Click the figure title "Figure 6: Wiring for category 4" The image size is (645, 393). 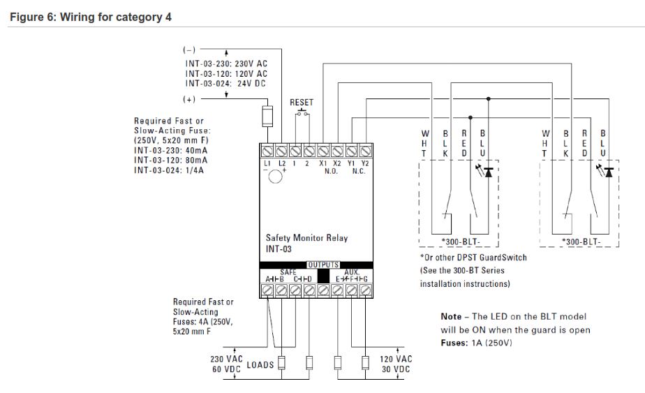pyautogui.click(x=90, y=17)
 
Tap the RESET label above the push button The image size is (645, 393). pyautogui.click(x=302, y=103)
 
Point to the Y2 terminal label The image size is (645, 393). pyautogui.click(x=364, y=163)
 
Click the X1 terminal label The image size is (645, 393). pyautogui.click(x=323, y=163)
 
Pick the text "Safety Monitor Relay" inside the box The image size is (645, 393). pyautogui.click(x=306, y=238)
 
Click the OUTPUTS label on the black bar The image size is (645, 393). pyautogui.click(x=322, y=265)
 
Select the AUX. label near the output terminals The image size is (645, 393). pyautogui.click(x=352, y=272)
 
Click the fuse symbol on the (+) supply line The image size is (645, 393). pyautogui.click(x=267, y=116)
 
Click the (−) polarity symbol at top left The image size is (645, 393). pyautogui.click(x=189, y=51)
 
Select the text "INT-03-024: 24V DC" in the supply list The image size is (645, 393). pyautogui.click(x=226, y=83)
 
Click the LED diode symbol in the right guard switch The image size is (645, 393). pyautogui.click(x=609, y=171)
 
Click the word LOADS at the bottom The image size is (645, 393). pyautogui.click(x=260, y=364)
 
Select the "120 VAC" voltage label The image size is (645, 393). pyautogui.click(x=396, y=359)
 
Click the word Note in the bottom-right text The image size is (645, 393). pyautogui.click(x=452, y=317)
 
